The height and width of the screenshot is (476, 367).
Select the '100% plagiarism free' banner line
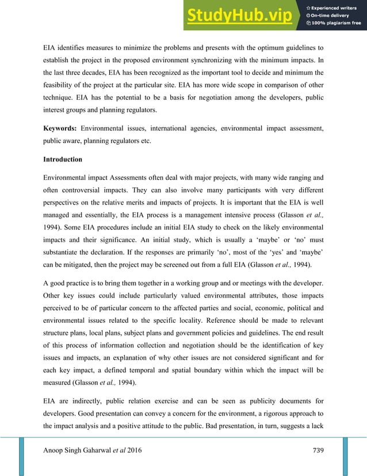tap(334, 23)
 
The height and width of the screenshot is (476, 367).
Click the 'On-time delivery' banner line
tap(330, 15)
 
